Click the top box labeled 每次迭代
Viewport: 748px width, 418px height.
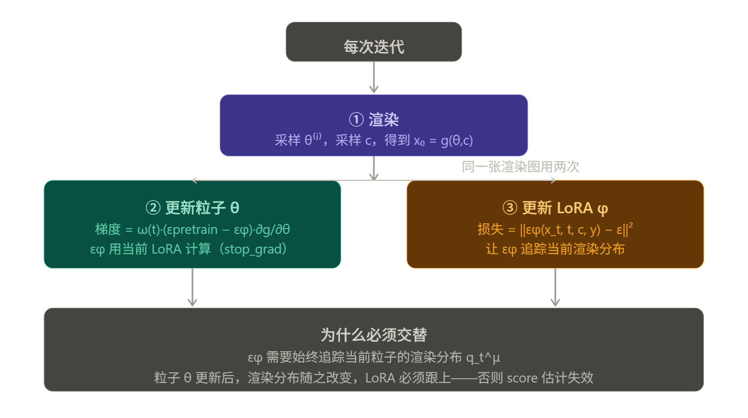373,47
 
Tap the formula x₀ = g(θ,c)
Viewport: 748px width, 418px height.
443,141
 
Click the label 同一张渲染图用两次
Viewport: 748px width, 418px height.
520,167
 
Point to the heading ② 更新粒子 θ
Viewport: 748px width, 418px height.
192,208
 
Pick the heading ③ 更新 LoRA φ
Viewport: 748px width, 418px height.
555,208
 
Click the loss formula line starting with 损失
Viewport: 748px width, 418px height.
555,230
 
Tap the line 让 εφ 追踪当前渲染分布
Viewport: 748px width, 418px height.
555,249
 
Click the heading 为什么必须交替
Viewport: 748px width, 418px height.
373,335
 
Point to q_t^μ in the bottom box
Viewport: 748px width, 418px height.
483,358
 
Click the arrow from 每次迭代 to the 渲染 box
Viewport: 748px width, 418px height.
374,78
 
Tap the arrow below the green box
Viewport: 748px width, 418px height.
193,288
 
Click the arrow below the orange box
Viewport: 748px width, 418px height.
555,288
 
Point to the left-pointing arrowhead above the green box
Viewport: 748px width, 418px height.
195,180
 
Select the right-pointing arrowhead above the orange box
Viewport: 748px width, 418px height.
553,180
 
